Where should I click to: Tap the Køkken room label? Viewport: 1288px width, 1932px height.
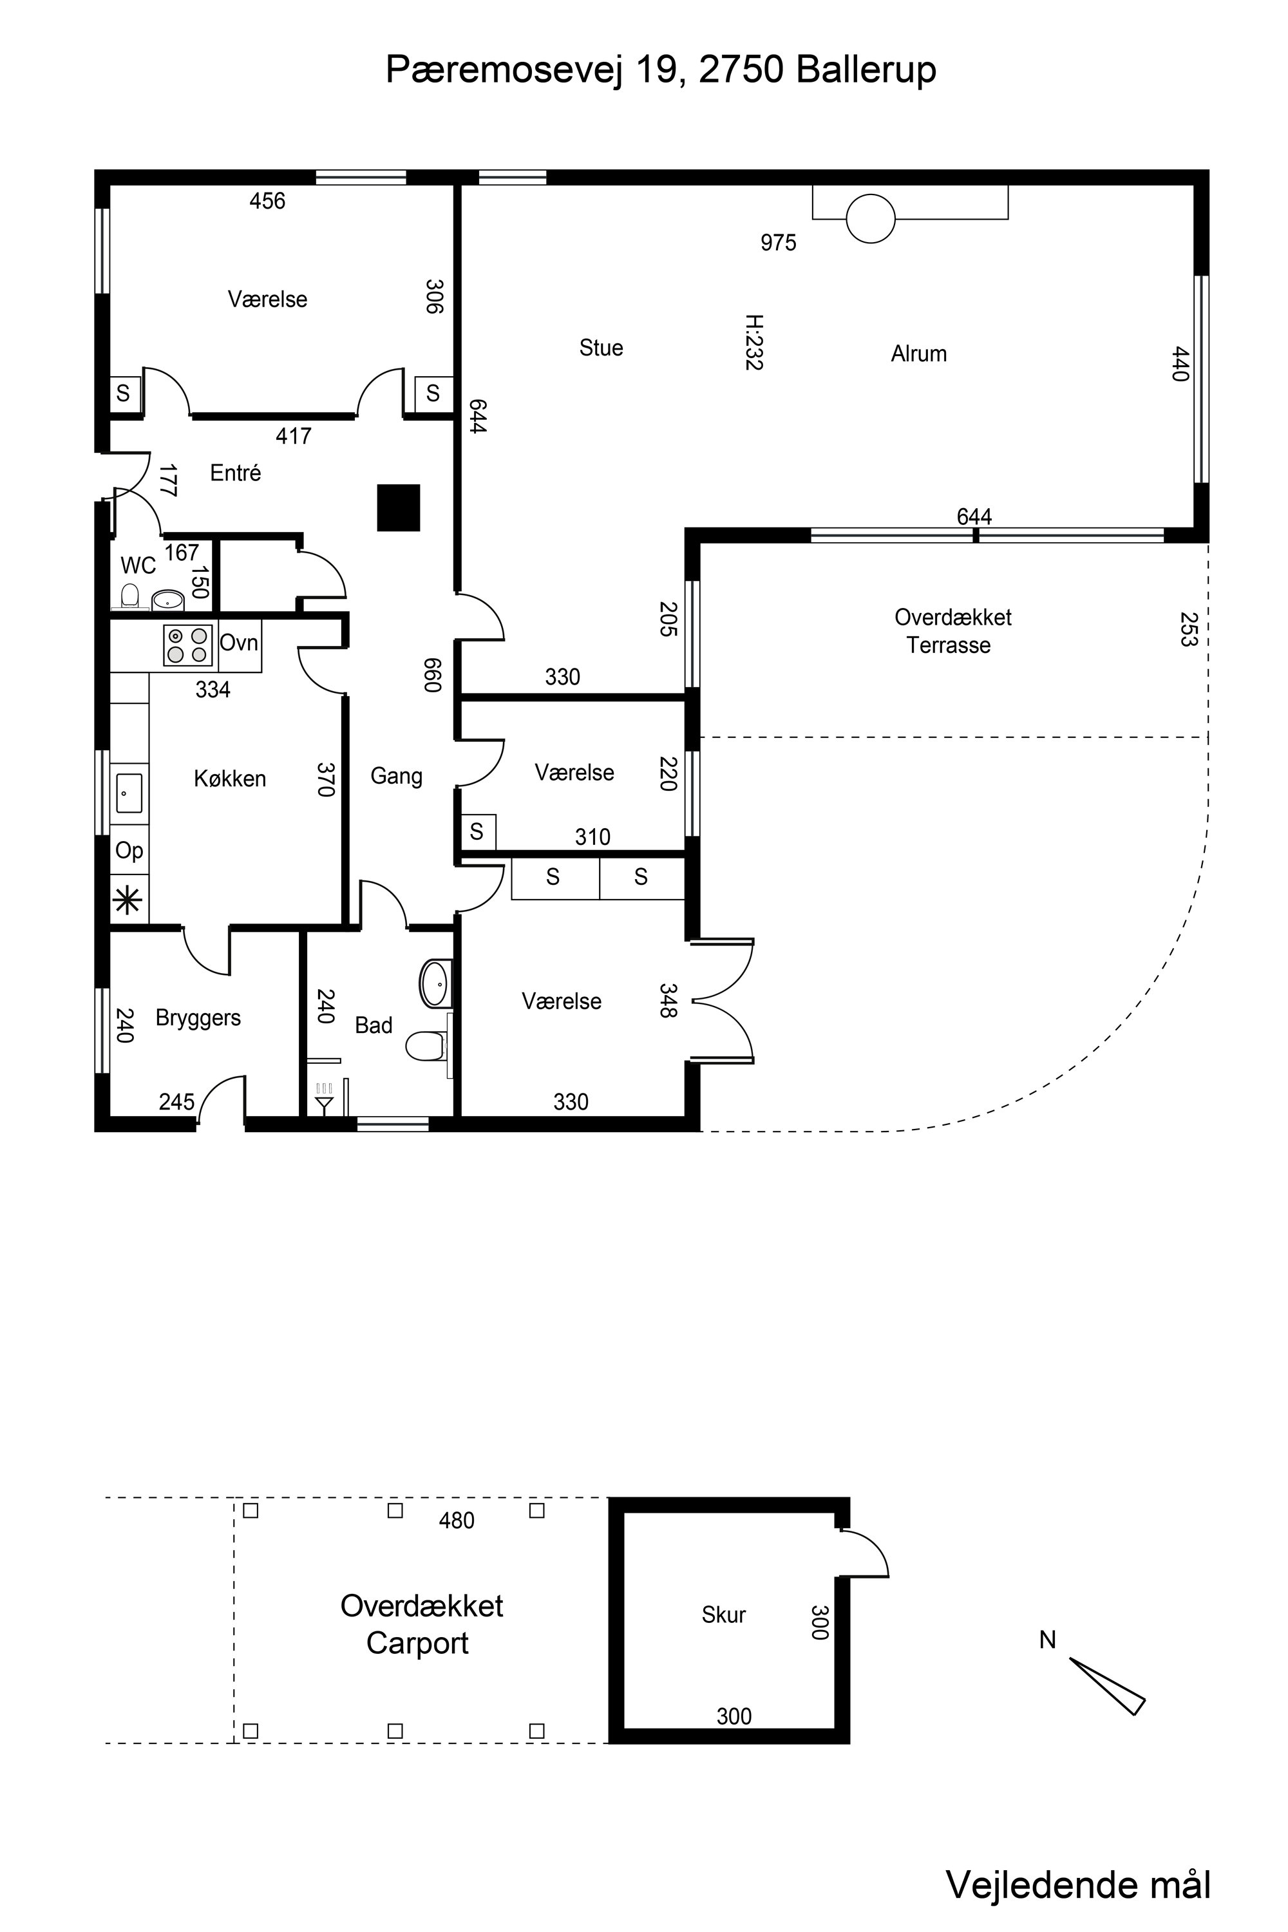tap(230, 779)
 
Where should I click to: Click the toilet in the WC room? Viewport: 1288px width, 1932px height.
tap(130, 596)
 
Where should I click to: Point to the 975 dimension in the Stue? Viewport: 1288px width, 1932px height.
tap(778, 242)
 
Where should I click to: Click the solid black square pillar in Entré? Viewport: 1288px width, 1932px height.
tap(399, 507)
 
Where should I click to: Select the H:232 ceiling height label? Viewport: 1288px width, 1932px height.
tap(754, 342)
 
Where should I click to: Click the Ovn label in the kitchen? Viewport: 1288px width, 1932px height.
tap(239, 642)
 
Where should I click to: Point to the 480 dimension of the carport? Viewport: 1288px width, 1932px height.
tap(456, 1520)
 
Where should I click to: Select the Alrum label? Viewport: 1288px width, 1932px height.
tap(919, 354)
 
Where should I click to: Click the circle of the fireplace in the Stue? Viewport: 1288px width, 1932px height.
tap(870, 218)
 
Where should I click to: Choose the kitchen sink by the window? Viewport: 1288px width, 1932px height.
tap(129, 793)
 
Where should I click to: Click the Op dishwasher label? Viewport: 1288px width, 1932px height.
tap(129, 851)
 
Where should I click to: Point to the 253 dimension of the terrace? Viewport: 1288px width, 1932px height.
tap(1188, 629)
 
